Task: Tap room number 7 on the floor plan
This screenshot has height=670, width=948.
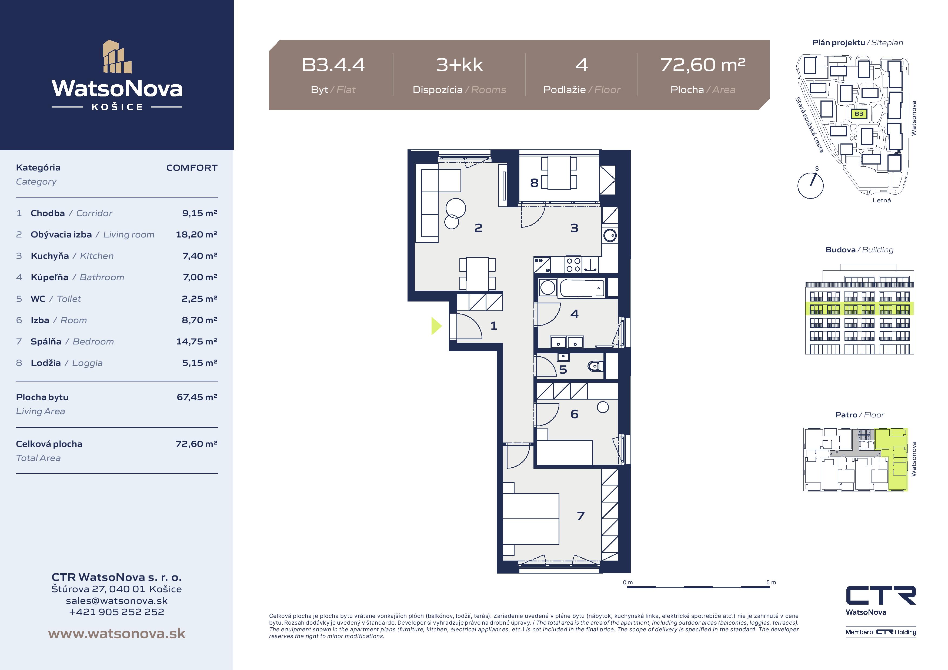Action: click(x=580, y=516)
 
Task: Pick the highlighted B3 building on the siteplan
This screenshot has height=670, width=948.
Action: click(x=859, y=113)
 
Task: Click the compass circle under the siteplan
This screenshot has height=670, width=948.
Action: click(x=810, y=186)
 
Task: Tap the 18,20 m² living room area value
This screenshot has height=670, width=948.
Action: click(x=196, y=234)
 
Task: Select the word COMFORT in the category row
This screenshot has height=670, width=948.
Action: click(x=192, y=167)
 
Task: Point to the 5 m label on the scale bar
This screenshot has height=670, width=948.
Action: click(x=771, y=582)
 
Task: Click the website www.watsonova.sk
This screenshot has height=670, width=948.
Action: click(x=117, y=634)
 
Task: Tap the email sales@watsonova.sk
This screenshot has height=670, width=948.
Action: click(x=117, y=601)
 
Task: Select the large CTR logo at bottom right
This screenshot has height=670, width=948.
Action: click(x=881, y=596)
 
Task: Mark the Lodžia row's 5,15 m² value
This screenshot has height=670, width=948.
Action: click(x=200, y=363)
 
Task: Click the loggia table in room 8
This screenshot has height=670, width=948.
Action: click(x=559, y=173)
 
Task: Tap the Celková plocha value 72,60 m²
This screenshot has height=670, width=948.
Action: click(x=196, y=444)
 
